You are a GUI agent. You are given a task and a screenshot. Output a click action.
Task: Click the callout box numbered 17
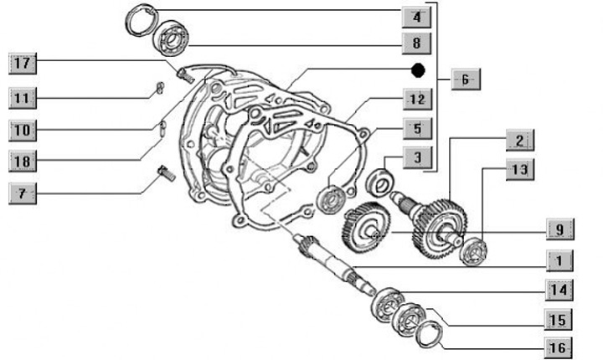(23, 64)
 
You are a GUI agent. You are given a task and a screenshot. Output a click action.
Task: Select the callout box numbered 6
(466, 80)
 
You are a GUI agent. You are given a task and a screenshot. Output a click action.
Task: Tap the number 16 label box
(559, 348)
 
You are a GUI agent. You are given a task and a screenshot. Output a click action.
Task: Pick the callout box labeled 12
(417, 100)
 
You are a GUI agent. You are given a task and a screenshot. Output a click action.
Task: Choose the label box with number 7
(23, 193)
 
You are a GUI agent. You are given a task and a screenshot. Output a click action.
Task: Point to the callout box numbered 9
(560, 229)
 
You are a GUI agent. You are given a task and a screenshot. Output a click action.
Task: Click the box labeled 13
(520, 169)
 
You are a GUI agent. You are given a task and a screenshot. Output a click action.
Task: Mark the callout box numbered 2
(520, 141)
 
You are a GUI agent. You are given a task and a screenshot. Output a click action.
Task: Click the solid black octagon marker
(418, 70)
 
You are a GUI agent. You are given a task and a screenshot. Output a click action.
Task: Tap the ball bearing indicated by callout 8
(170, 38)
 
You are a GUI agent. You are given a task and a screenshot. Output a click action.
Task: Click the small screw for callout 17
(185, 75)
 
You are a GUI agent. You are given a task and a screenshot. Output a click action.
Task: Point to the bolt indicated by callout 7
(167, 173)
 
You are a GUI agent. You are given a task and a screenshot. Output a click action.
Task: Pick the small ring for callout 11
(159, 88)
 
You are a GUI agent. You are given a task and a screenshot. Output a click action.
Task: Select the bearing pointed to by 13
(473, 252)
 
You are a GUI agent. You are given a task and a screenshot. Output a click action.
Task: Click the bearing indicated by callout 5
(330, 199)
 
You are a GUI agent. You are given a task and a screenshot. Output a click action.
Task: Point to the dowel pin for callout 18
(162, 128)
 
